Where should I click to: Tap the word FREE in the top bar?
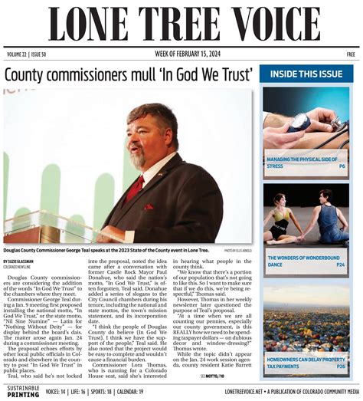pos(350,54)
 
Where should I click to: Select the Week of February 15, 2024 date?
pos(181,54)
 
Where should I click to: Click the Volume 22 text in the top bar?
pos(18,54)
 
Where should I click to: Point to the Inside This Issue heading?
pos(306,74)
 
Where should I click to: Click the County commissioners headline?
pos(129,75)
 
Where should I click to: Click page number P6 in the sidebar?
pos(342,166)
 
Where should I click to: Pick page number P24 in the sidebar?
pos(340,265)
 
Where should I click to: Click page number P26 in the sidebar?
pos(340,366)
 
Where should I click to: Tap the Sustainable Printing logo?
pos(21,392)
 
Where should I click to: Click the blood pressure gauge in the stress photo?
pos(299,121)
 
